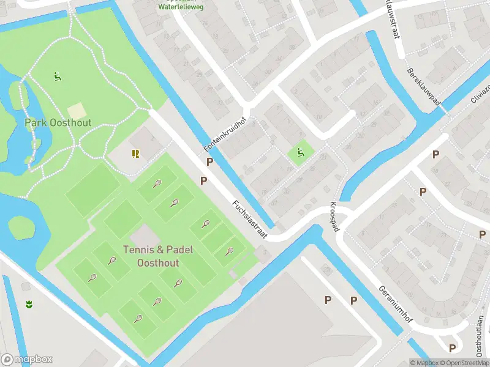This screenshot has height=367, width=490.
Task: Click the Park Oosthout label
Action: coord(58,123)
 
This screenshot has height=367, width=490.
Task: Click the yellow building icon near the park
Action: coord(135,153)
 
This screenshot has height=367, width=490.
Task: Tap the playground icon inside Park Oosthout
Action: coord(57,77)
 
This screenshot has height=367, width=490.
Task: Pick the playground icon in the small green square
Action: coord(300,152)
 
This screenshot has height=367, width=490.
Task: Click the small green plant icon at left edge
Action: coord(28,303)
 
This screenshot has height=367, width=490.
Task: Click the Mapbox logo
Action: coord(27,360)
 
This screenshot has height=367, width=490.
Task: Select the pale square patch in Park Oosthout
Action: coord(77,111)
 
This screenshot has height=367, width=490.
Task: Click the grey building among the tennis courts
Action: coord(144,234)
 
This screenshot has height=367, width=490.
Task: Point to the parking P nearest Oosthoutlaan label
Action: coord(452,347)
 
